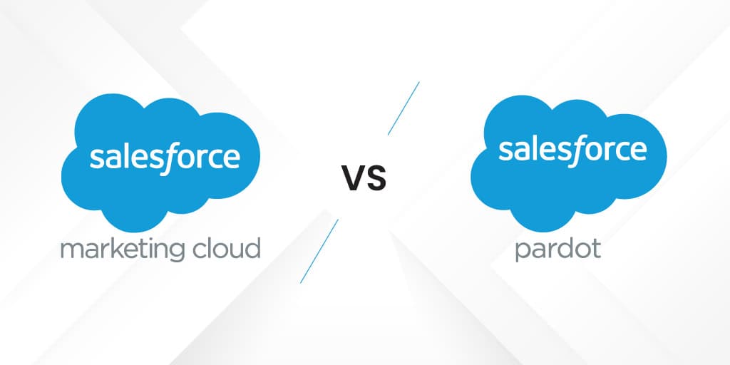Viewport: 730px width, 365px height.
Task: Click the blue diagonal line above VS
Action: [x=403, y=108]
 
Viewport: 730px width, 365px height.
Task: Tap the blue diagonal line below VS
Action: [x=319, y=250]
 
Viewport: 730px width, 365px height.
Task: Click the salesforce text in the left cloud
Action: [x=165, y=157]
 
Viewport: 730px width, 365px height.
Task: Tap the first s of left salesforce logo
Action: [x=96, y=158]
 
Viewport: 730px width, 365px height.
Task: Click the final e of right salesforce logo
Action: [x=639, y=150]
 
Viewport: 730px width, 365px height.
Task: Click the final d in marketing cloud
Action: [x=252, y=249]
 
